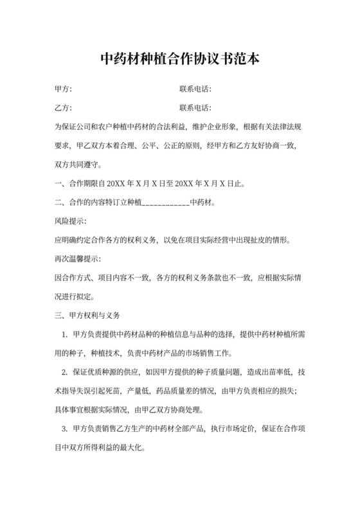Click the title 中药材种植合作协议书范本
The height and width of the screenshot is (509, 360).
(180, 59)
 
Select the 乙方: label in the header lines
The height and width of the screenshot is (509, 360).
(63, 107)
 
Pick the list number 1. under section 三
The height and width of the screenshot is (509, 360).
(64, 334)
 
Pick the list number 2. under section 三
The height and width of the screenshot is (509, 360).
(64, 372)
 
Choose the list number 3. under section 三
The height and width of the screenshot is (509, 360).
(64, 429)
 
